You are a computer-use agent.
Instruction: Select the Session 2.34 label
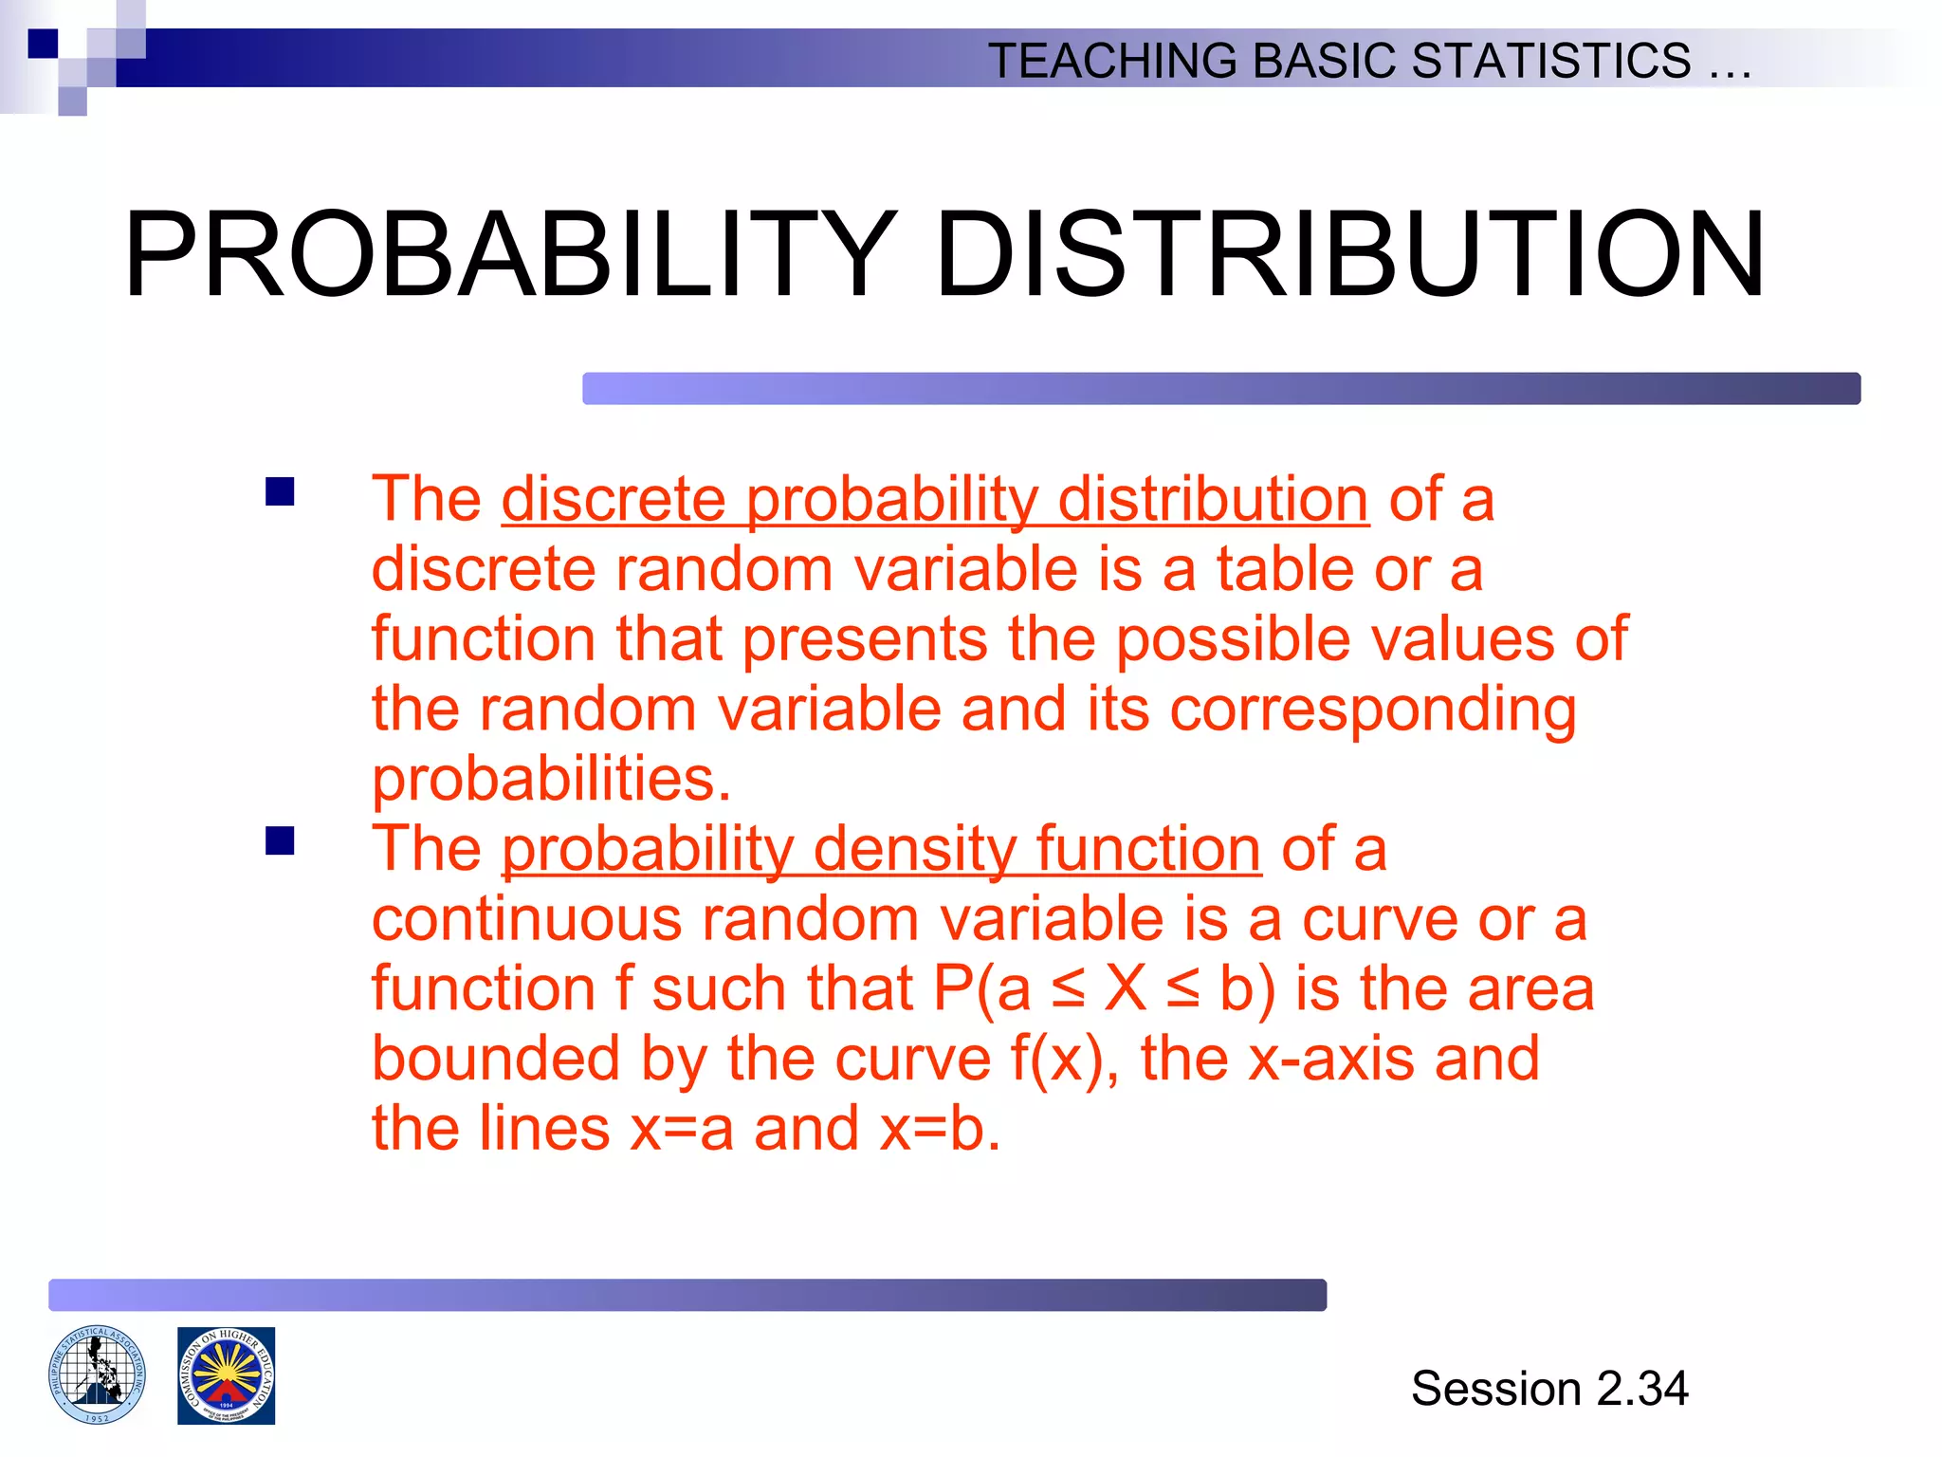pos(1548,1388)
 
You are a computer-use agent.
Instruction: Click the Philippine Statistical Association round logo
pos(97,1374)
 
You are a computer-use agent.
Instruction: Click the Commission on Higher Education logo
pos(226,1374)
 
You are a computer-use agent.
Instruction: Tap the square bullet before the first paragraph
pos(280,492)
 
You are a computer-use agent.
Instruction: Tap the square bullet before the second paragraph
pos(280,841)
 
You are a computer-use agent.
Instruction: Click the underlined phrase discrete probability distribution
pos(934,499)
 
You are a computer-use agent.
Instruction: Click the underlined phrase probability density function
pos(880,848)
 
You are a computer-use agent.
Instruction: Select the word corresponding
pos(1372,710)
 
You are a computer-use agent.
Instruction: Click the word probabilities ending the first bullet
pos(550,780)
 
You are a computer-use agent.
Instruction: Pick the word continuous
pos(526,919)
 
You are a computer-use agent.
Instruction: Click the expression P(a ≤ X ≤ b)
pos(1104,988)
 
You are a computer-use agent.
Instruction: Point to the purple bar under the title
pos(1220,389)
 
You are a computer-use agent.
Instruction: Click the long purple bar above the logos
pos(687,1295)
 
